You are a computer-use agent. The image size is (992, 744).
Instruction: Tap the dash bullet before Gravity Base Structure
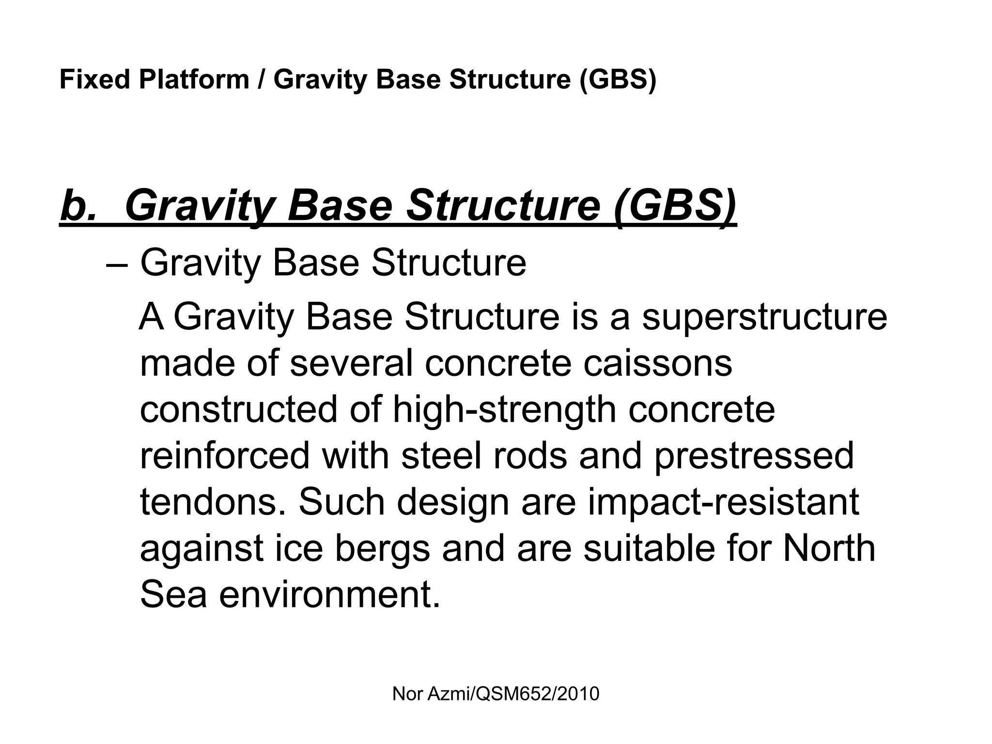pos(116,264)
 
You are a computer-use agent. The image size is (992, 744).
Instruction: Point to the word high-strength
pos(504,410)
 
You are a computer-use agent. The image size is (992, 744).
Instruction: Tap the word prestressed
pos(754,456)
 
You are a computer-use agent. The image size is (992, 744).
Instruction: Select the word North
pos(829,549)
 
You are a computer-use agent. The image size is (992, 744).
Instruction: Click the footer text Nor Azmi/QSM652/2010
pos(496,694)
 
